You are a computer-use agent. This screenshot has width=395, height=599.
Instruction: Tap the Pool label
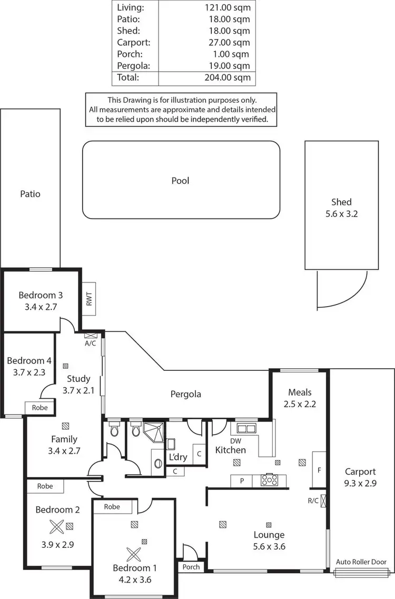click(x=180, y=181)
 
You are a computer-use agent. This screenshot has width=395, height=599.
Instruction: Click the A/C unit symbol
click(x=90, y=335)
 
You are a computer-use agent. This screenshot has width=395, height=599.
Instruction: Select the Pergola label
click(x=186, y=394)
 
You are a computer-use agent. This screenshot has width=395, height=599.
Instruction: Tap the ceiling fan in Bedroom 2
click(x=56, y=525)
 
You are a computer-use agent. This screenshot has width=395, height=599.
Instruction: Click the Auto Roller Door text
click(x=361, y=562)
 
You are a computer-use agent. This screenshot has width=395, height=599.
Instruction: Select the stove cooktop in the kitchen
click(x=269, y=480)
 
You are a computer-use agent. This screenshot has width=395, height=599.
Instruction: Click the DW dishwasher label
click(x=235, y=440)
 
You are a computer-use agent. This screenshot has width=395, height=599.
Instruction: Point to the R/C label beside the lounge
click(x=313, y=500)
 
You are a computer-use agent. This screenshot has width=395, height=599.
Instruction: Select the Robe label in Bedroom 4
click(x=39, y=408)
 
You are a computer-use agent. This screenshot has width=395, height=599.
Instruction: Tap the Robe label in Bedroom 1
click(x=112, y=507)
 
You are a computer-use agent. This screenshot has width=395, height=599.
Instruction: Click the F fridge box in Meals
click(x=319, y=469)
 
